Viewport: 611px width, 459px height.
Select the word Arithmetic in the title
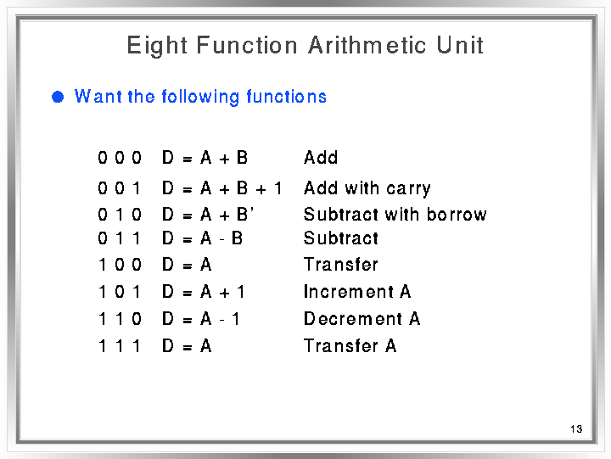click(x=367, y=45)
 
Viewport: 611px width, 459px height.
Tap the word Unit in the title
click(x=460, y=45)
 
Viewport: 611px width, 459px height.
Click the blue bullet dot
click(x=58, y=97)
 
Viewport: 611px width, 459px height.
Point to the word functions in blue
click(x=287, y=97)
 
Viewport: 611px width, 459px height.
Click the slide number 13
click(x=576, y=429)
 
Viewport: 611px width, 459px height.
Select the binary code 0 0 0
click(x=120, y=158)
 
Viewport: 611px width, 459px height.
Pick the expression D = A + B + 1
click(x=221, y=188)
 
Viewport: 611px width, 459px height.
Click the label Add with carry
click(x=367, y=188)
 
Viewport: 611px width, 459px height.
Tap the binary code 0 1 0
click(x=120, y=215)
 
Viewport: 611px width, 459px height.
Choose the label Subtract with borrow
click(x=395, y=215)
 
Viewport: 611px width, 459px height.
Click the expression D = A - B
click(x=202, y=238)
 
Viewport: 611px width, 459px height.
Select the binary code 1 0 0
click(x=120, y=265)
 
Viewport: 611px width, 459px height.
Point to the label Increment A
click(x=357, y=292)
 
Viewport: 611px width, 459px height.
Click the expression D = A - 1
click(x=200, y=319)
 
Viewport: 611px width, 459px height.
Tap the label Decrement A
click(x=362, y=319)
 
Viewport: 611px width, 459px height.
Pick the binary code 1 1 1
click(x=120, y=346)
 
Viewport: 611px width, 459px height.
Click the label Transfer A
click(x=350, y=345)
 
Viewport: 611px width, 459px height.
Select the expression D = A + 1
click(x=204, y=292)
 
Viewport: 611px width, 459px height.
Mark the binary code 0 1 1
click(x=120, y=238)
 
